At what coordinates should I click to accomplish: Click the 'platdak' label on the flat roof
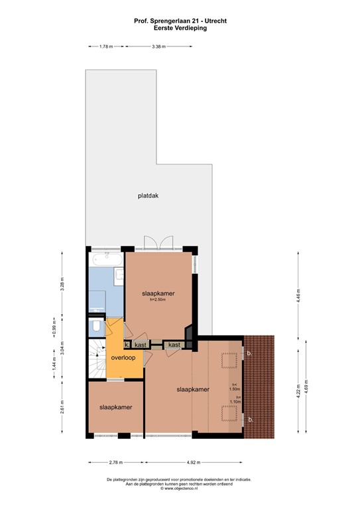coord(148,196)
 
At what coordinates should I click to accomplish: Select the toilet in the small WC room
coord(97,327)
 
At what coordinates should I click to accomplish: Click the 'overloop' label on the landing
coord(123,358)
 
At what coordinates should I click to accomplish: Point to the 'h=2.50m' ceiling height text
coord(157,300)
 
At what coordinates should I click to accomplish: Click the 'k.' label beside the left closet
coord(127,345)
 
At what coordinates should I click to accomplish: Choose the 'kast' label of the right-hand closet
coord(174,345)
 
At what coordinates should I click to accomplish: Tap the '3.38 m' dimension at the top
coord(158,47)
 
